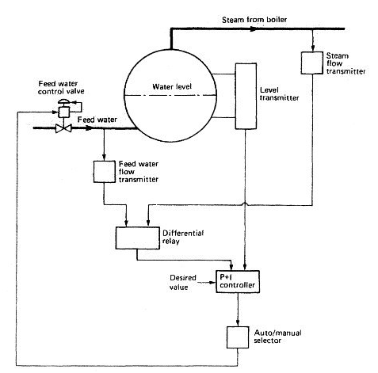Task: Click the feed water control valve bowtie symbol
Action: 63,128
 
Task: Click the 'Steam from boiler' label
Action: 254,20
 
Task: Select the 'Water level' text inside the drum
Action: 172,86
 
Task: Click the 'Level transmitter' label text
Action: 279,94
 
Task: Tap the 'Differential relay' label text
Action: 183,237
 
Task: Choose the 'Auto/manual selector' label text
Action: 277,337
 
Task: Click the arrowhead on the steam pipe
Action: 254,29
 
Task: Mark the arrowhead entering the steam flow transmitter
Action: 312,48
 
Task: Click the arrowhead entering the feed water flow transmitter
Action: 105,158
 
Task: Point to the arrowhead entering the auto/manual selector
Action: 238,323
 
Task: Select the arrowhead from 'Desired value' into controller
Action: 212,283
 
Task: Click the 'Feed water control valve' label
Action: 61,88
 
